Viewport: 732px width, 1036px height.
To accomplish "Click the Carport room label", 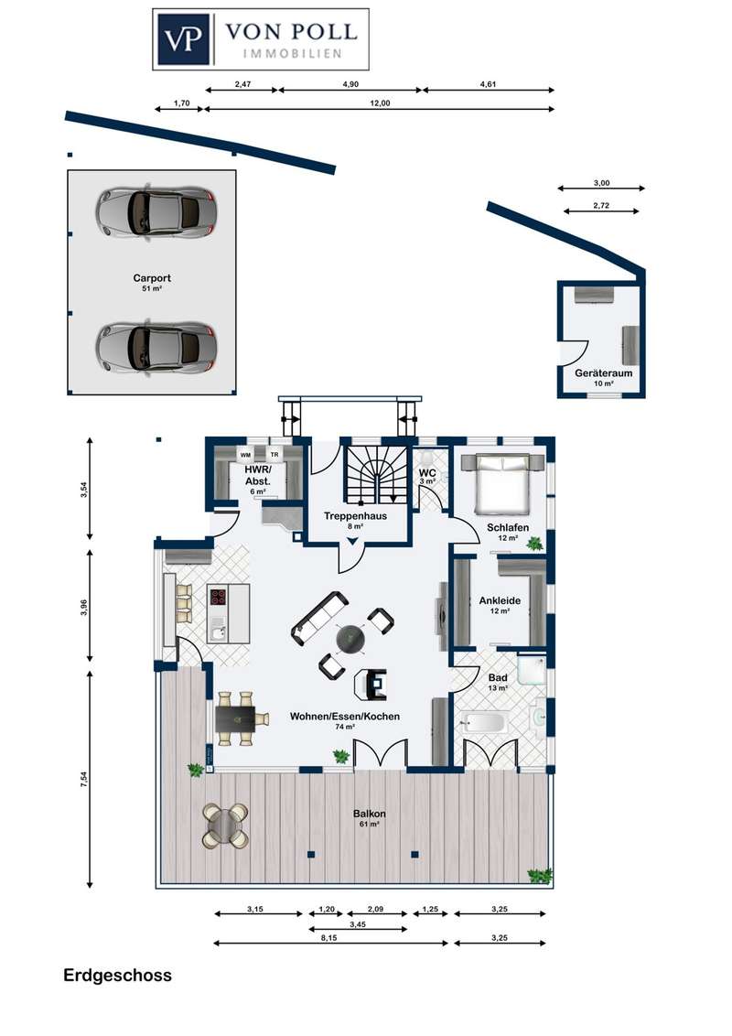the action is click(x=152, y=278).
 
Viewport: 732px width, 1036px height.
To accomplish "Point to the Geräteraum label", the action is click(x=603, y=372).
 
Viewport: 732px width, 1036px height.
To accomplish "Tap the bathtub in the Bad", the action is click(x=485, y=721).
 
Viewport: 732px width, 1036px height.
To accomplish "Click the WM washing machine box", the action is click(x=245, y=455).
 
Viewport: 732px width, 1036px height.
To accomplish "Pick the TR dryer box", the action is click(x=274, y=455).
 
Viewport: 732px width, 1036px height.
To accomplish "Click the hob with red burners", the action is click(x=218, y=598).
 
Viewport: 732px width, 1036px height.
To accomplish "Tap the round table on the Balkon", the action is click(x=225, y=825).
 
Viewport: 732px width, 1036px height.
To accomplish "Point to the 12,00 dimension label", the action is click(x=380, y=103).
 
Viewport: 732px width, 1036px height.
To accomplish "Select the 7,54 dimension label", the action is click(x=83, y=780).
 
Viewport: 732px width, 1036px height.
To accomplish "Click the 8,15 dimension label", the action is click(x=329, y=937).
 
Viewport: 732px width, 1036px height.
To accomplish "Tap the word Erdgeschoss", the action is click(x=118, y=976).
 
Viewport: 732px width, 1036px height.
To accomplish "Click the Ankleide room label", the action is click(x=501, y=600).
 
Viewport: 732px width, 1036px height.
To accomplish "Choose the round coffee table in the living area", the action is click(x=350, y=638).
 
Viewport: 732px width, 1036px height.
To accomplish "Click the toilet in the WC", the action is click(x=426, y=458).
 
